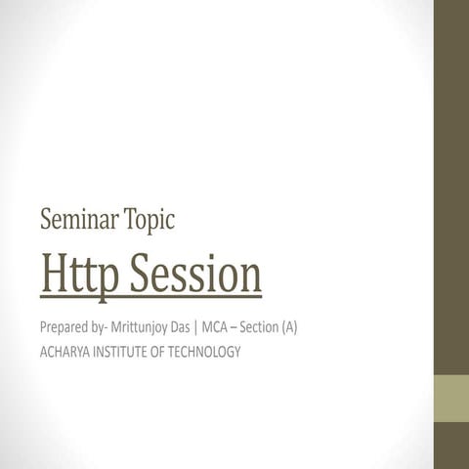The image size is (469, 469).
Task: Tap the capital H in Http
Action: (54, 276)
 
